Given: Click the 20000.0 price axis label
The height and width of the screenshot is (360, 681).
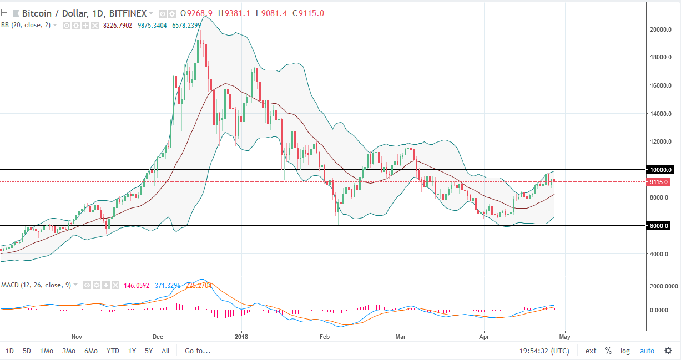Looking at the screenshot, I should tap(662, 29).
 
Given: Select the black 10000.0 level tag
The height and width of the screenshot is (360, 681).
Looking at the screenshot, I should tap(660, 170).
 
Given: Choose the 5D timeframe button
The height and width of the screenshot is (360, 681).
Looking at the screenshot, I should tap(27, 351).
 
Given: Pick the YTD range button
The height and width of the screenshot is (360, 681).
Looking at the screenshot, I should tap(113, 351).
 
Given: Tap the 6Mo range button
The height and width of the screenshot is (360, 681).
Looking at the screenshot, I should tap(91, 351).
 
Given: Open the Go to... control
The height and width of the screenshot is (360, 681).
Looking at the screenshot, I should tap(198, 351).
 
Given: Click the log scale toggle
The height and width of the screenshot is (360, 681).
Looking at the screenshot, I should tap(625, 351).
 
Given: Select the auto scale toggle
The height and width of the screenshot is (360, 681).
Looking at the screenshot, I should tap(647, 351).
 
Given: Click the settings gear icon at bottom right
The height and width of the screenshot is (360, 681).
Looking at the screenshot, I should tap(667, 351).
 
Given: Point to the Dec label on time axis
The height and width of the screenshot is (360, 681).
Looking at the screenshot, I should tap(158, 336).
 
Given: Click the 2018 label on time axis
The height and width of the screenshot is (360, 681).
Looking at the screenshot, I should tap(241, 336).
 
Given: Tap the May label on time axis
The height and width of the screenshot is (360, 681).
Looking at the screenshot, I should tap(564, 336).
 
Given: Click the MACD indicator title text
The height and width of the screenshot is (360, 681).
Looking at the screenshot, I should tap(36, 285).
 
